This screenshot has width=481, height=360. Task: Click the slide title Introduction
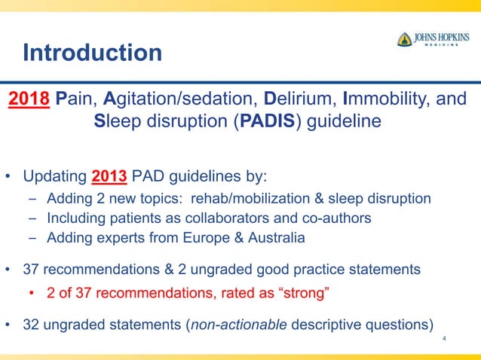click(x=92, y=53)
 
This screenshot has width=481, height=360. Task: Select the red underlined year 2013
click(x=109, y=178)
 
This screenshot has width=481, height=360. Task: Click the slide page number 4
click(x=445, y=340)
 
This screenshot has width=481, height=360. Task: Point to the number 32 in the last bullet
click(x=32, y=325)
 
